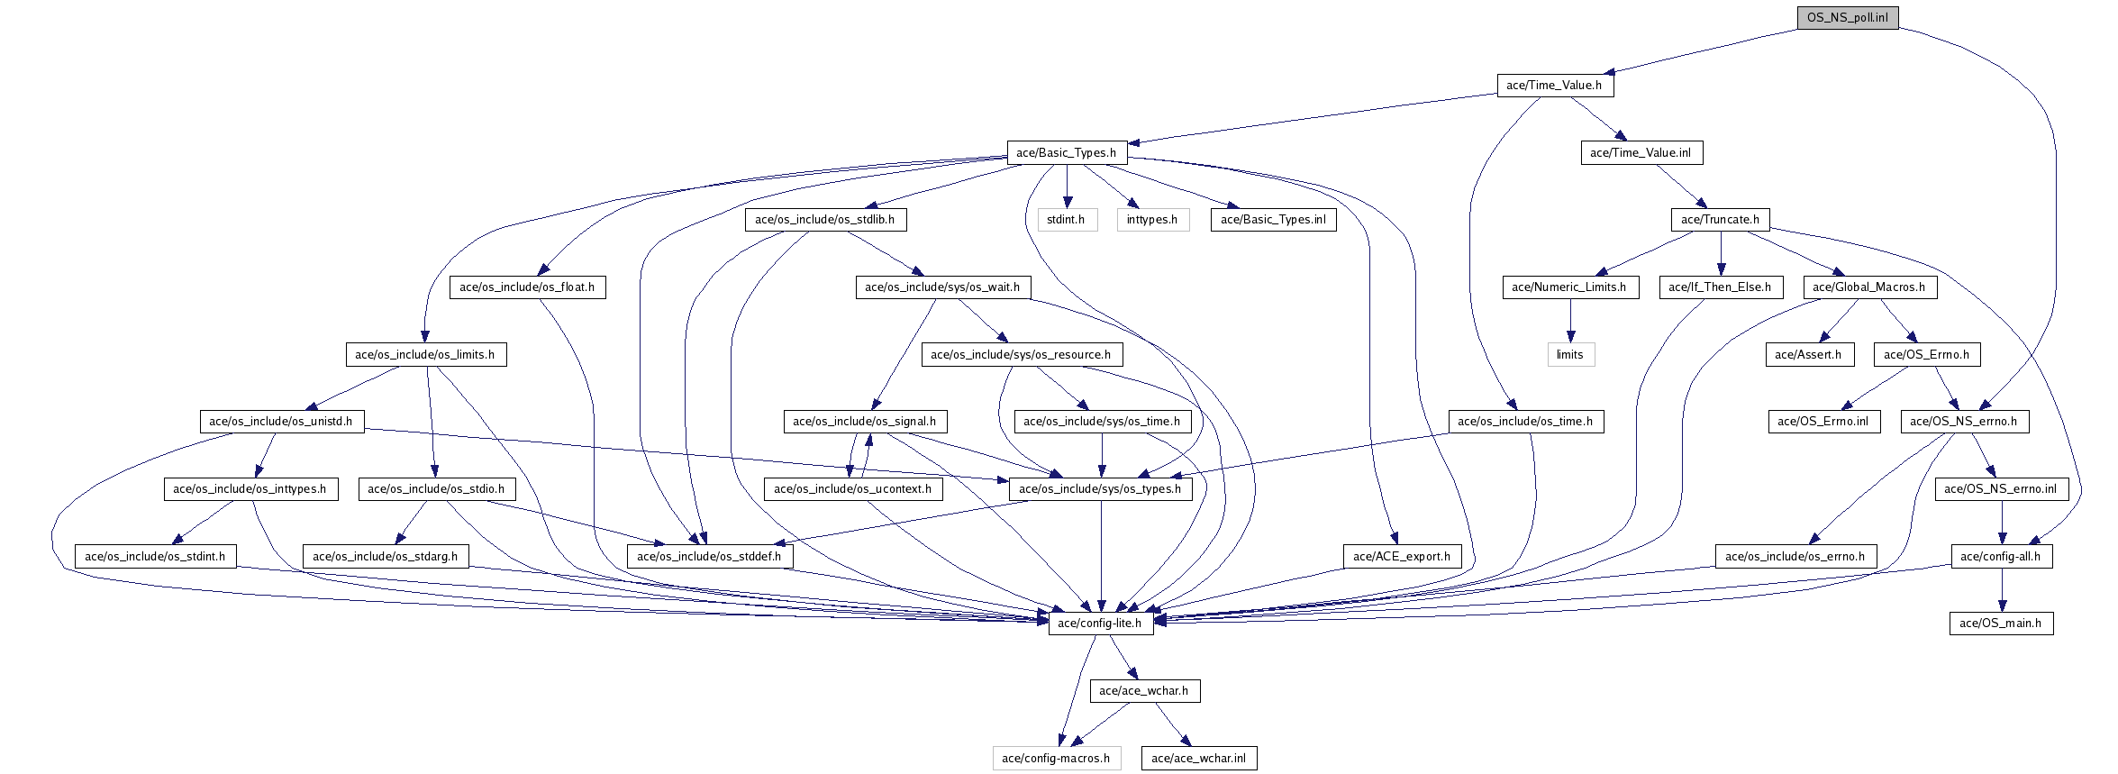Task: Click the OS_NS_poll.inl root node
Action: pyautogui.click(x=1847, y=18)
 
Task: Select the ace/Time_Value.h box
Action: pyautogui.click(x=1554, y=86)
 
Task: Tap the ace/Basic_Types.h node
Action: pyautogui.click(x=1066, y=153)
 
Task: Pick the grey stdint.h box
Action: pyautogui.click(x=1066, y=220)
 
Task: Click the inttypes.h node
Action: pyautogui.click(x=1151, y=220)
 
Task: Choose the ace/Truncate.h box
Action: pyautogui.click(x=1720, y=220)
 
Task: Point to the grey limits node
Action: pyautogui.click(x=1569, y=355)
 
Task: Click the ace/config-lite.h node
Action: pyautogui.click(x=1099, y=624)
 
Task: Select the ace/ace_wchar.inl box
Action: pyautogui.click(x=1198, y=759)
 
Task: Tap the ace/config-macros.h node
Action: pyautogui.click(x=1056, y=759)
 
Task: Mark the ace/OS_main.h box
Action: pyautogui.click(x=2000, y=624)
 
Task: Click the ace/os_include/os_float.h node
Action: pyautogui.click(x=527, y=287)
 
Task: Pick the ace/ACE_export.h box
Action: pyautogui.click(x=1401, y=557)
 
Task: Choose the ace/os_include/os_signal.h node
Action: pyautogui.click(x=864, y=422)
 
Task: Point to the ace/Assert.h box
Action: pyautogui.click(x=1808, y=355)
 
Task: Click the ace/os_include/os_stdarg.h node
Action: pyautogui.click(x=385, y=557)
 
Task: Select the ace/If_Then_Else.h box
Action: pyautogui.click(x=1719, y=287)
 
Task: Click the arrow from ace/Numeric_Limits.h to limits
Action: pyautogui.click(x=1569, y=321)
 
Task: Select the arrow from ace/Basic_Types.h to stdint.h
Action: pyautogui.click(x=1067, y=187)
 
